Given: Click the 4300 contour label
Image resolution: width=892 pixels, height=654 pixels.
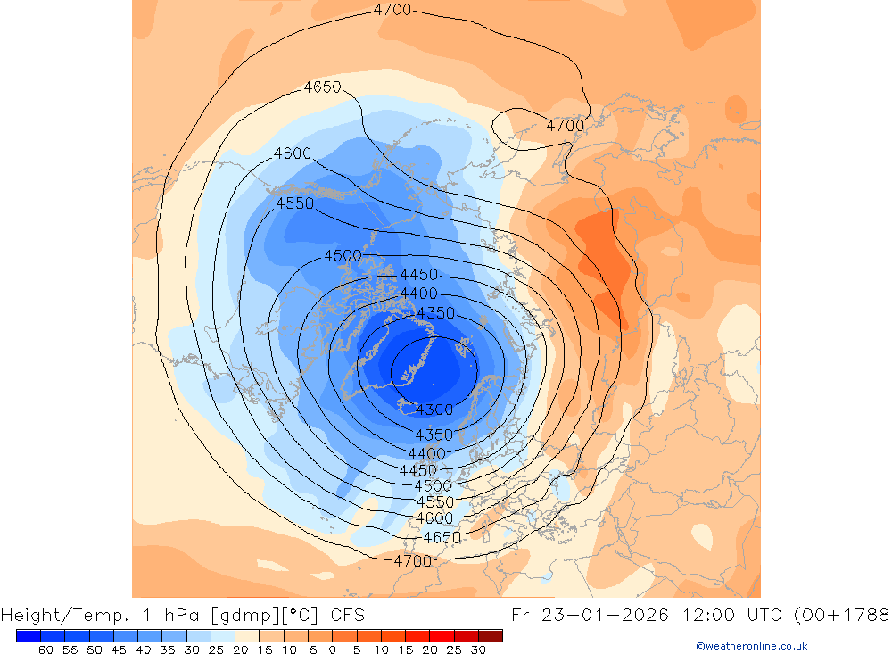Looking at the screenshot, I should click(435, 410).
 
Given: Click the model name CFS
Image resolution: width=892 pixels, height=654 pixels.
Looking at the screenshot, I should click(346, 616).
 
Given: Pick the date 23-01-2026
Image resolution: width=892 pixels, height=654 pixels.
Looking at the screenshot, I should click(615, 616).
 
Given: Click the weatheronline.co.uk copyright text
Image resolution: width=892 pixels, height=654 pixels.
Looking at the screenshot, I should click(751, 646).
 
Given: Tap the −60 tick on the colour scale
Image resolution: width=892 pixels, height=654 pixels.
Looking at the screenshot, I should click(38, 650).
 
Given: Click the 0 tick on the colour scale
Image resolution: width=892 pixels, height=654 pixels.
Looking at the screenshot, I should click(332, 650).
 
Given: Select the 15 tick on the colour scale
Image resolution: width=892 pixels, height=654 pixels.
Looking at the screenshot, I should click(406, 650).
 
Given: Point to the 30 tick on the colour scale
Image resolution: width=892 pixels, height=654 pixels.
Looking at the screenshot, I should click(479, 650).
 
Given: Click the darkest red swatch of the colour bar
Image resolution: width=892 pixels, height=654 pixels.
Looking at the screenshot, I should click(491, 636).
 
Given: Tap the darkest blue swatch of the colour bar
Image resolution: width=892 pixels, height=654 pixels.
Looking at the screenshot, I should click(28, 636).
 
